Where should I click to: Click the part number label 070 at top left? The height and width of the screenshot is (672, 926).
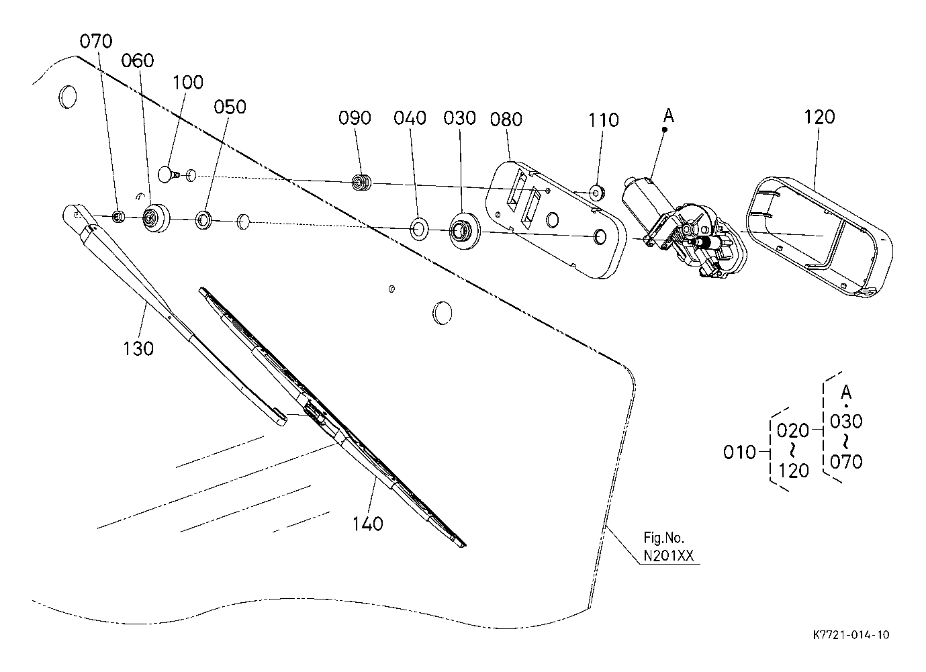tap(96, 42)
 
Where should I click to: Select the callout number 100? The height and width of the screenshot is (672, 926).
tap(187, 83)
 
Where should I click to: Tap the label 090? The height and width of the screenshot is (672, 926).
tap(355, 117)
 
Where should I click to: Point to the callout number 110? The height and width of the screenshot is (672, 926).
tap(604, 120)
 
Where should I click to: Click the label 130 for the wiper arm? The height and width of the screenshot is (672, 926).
tap(138, 348)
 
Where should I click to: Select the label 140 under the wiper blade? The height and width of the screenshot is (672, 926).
tap(367, 524)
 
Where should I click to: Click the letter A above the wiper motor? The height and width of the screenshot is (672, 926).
tap(668, 115)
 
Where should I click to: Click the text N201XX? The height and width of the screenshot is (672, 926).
tap(669, 556)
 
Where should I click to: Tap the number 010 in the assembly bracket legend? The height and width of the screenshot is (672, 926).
tap(739, 452)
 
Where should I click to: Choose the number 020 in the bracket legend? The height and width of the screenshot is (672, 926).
tap(793, 430)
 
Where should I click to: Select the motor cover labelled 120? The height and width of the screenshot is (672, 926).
tap(819, 237)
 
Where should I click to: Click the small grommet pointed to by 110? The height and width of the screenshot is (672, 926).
tap(598, 193)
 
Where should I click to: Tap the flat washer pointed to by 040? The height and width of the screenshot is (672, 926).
tap(419, 228)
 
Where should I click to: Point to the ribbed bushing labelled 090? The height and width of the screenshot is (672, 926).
tap(361, 182)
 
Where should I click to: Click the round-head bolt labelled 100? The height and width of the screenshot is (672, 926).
tap(169, 175)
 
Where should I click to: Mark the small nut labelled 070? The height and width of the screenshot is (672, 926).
tap(119, 216)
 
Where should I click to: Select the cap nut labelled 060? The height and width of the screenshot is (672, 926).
tap(156, 218)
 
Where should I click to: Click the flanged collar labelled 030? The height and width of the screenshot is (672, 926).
tap(464, 231)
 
